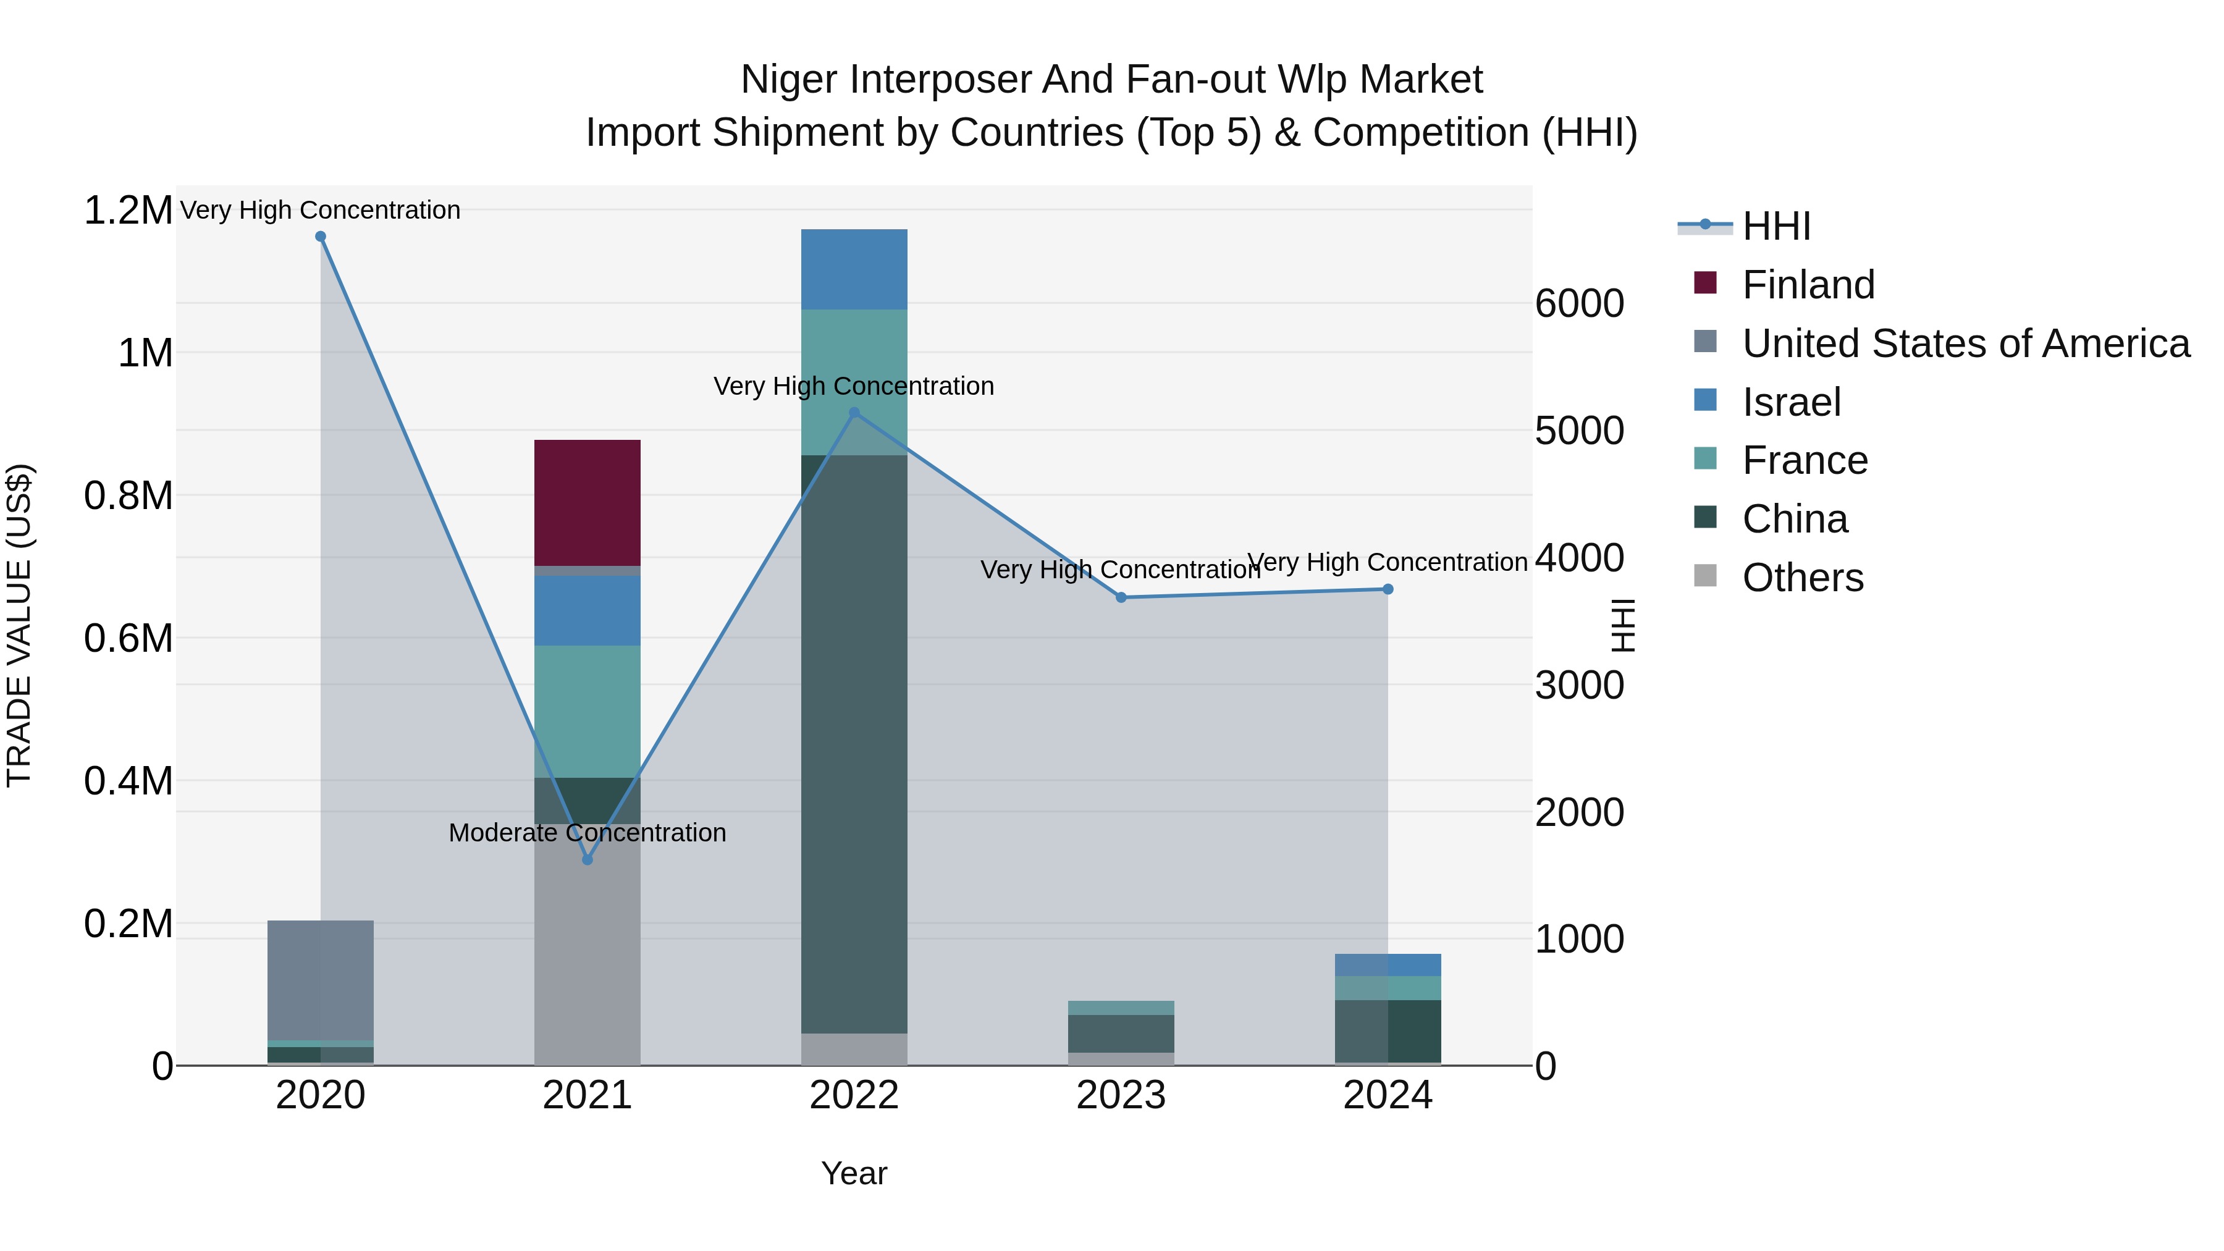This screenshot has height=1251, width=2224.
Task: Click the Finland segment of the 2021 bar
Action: [x=587, y=502]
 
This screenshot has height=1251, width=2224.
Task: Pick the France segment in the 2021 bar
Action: [x=587, y=712]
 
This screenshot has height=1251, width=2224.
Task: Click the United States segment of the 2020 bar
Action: [x=320, y=980]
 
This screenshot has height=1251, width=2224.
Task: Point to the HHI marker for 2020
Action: [x=320, y=237]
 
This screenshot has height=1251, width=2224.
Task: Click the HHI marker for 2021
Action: [x=587, y=860]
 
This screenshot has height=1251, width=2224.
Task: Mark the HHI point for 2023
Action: [x=1121, y=597]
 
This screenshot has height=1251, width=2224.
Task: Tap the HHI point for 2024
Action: [x=1388, y=590]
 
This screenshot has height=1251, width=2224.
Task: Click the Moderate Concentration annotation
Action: [x=587, y=833]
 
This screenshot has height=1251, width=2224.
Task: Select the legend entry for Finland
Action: [x=1808, y=285]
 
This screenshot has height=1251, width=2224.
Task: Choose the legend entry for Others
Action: [x=1802, y=578]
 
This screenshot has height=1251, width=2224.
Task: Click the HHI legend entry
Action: [x=1776, y=226]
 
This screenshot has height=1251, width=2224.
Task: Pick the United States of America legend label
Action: [x=1965, y=343]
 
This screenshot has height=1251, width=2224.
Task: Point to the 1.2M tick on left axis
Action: [x=128, y=211]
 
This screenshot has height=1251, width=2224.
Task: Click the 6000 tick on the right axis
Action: [x=1579, y=304]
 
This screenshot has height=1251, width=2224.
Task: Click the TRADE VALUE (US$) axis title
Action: [x=19, y=625]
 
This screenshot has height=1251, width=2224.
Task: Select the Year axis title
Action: [x=854, y=1173]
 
